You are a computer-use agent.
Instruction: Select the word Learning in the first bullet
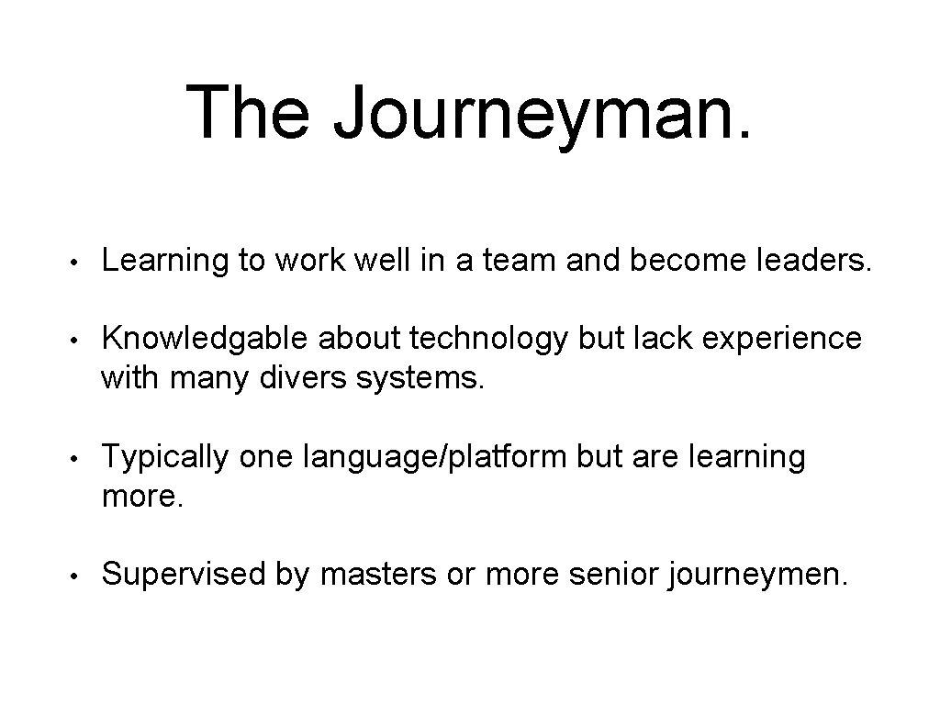pos(164,262)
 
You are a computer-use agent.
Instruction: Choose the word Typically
pos(164,457)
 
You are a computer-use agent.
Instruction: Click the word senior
pos(615,575)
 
